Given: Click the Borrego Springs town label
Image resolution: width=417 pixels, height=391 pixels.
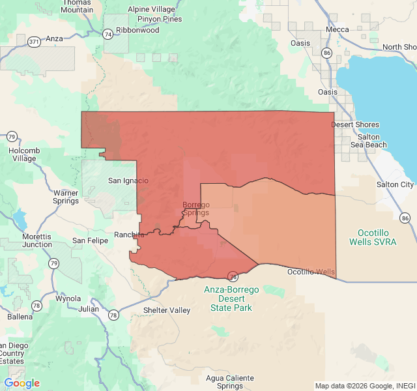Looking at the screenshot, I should (195, 209).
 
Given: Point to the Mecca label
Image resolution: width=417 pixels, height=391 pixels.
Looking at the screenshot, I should (338, 29).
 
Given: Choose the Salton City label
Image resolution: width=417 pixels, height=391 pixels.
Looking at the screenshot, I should (395, 185).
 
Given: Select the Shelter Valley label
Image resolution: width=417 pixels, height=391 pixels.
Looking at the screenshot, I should (167, 310).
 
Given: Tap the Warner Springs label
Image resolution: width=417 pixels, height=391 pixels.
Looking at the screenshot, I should (66, 197).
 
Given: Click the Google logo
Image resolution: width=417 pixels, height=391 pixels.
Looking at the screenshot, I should (22, 383).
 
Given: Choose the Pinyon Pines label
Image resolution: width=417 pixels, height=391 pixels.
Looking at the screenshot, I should (163, 19).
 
